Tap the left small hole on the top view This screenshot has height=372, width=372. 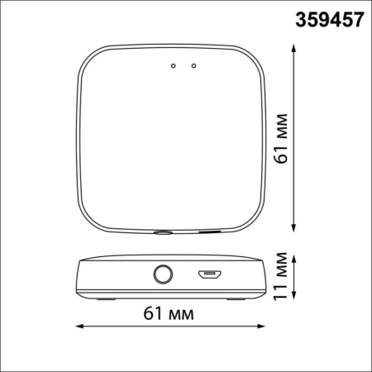(173, 64)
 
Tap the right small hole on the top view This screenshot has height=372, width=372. (193, 64)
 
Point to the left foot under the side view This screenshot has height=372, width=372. (105, 298)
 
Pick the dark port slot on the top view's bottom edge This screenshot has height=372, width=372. (208, 232)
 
